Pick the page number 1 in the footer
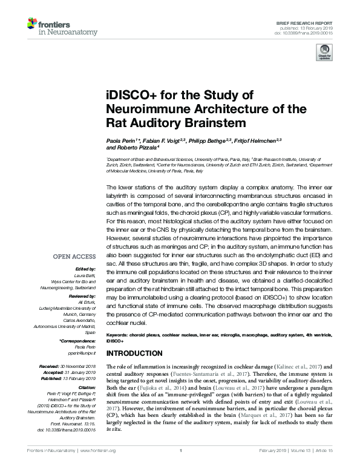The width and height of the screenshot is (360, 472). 181,467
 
